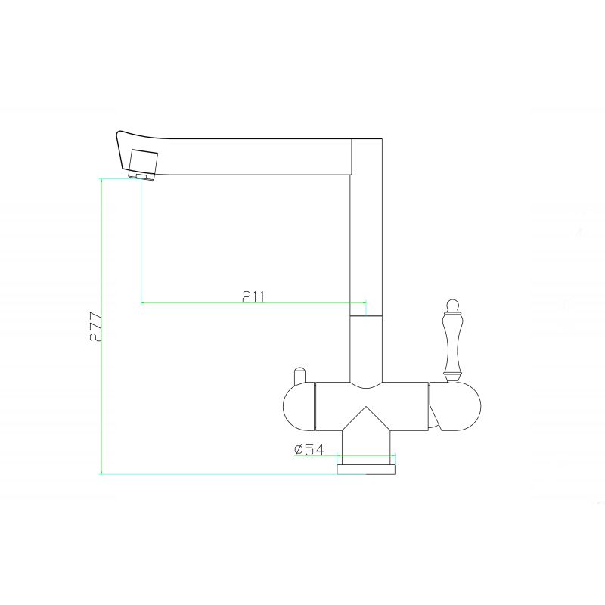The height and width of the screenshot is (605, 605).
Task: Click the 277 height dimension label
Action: pos(95,326)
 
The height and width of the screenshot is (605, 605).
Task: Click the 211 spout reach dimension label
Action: pos(253,296)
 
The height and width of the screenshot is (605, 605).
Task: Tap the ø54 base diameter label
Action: pos(309,450)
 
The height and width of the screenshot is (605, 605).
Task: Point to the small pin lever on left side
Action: pos(298,375)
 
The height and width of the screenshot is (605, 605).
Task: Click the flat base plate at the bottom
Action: pos(366,470)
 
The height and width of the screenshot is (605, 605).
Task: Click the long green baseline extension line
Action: pos(219,474)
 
